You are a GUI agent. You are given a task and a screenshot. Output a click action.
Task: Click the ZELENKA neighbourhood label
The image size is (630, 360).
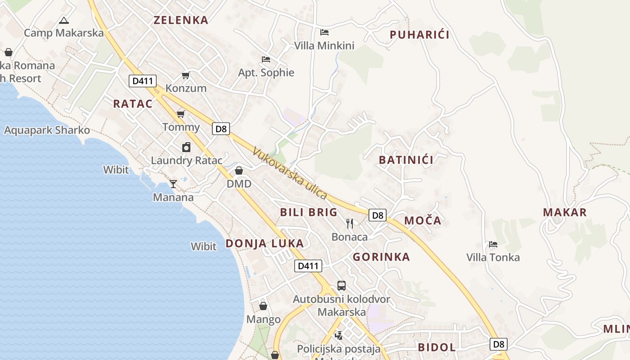point(181,20)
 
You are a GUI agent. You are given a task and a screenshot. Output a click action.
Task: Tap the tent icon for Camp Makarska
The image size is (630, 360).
point(64,20)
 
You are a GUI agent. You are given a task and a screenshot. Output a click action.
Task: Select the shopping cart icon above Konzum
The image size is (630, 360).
point(185,75)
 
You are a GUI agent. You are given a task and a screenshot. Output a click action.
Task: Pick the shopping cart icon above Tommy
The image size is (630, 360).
point(181,114)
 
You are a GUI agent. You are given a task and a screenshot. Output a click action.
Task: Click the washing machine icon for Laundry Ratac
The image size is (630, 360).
point(186,147)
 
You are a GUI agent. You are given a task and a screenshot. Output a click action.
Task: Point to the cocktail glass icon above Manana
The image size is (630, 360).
point(173,184)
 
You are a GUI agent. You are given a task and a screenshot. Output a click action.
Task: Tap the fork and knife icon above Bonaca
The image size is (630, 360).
point(350,223)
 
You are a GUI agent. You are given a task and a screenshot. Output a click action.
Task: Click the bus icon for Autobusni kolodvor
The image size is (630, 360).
point(342,286)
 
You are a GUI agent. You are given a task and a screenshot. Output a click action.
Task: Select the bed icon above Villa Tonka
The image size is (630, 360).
point(493,244)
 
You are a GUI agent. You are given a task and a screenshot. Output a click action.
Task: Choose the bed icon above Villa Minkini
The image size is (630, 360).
point(324,32)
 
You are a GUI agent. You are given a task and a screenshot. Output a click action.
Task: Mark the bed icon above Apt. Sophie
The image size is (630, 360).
point(266,59)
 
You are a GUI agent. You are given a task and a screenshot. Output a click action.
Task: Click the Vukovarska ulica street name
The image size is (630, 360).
point(289,173)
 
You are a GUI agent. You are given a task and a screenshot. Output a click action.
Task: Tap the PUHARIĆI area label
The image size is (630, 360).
point(419,35)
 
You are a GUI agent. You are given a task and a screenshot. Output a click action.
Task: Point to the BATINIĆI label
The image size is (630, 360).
point(406,160)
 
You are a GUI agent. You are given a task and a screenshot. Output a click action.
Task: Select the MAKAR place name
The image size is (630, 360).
point(565,212)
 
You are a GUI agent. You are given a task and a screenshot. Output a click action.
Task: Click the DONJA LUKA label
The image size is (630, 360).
point(265,243)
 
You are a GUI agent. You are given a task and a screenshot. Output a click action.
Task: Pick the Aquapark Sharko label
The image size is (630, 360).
point(47,130)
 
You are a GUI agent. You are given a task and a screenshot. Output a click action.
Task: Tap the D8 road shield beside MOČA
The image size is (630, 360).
point(378,215)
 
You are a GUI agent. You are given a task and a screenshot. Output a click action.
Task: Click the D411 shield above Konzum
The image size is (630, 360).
point(143,81)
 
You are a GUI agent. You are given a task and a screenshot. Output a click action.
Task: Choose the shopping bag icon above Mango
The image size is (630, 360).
point(263,306)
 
